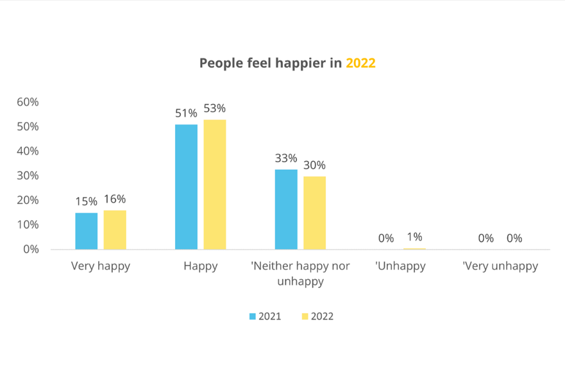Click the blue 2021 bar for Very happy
click(x=87, y=231)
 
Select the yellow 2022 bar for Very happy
click(x=115, y=230)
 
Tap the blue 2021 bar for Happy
click(x=186, y=187)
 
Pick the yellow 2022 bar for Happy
click(x=215, y=184)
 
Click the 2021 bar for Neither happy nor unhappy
click(x=286, y=209)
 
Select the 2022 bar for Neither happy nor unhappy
click(x=314, y=212)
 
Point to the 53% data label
click(x=215, y=108)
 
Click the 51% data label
click(x=186, y=114)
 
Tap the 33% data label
click(x=286, y=158)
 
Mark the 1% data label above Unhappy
click(x=414, y=237)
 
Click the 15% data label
click(x=87, y=201)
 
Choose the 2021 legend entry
click(x=265, y=316)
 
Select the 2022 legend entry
click(x=317, y=316)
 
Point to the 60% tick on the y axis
click(x=28, y=102)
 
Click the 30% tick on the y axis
click(x=28, y=176)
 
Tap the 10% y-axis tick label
click(x=28, y=225)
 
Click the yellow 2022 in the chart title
click(x=360, y=64)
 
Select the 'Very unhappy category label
click(x=500, y=266)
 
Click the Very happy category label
click(x=101, y=266)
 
